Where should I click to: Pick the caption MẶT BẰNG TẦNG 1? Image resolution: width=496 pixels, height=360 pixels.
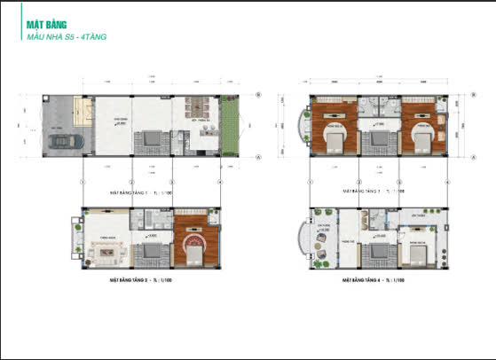(x=134, y=191)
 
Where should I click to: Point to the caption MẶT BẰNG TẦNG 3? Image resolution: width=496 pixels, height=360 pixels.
(x=373, y=191)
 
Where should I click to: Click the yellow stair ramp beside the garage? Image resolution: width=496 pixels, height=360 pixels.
(x=87, y=112)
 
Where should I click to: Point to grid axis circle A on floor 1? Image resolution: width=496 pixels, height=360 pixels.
(x=257, y=158)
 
